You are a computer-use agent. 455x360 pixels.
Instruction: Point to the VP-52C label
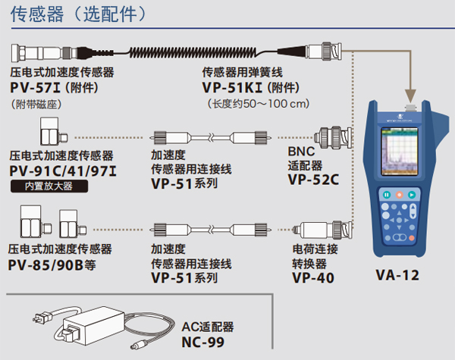[313, 180]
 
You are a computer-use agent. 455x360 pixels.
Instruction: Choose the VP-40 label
[311, 278]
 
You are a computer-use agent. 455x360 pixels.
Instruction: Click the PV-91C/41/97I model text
[60, 169]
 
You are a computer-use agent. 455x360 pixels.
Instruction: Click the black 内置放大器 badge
[43, 184]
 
